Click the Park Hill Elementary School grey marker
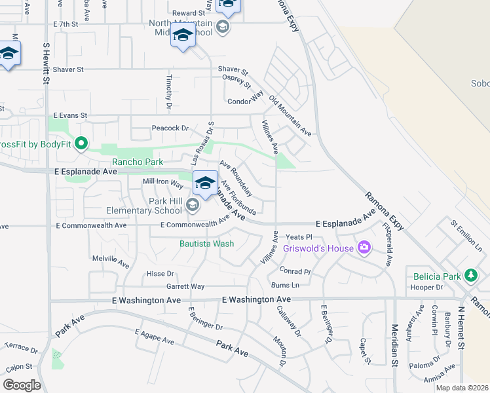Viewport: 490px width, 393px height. [x=192, y=206]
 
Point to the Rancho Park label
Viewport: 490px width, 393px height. [x=138, y=161]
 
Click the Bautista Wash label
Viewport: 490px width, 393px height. [x=206, y=244]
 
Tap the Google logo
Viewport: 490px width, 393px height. [x=22, y=385]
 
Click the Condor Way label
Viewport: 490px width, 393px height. [x=245, y=102]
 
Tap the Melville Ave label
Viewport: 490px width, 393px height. [x=111, y=262]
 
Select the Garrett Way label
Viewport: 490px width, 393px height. [x=185, y=286]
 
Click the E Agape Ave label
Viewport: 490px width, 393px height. [x=155, y=337]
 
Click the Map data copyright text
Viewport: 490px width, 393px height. [x=462, y=388]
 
